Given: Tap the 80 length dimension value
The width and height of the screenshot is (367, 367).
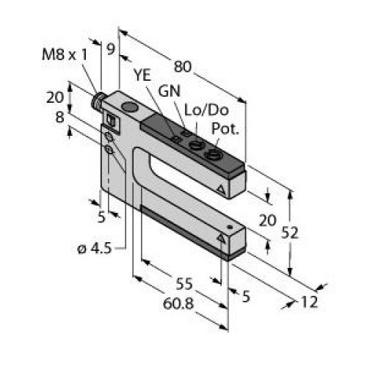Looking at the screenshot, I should pos(183,66).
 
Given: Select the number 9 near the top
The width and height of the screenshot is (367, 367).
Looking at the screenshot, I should pos(111,51).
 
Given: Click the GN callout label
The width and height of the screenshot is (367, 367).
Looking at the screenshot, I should pos(168,91).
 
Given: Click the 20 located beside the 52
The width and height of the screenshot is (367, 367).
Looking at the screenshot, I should pos(269,220).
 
